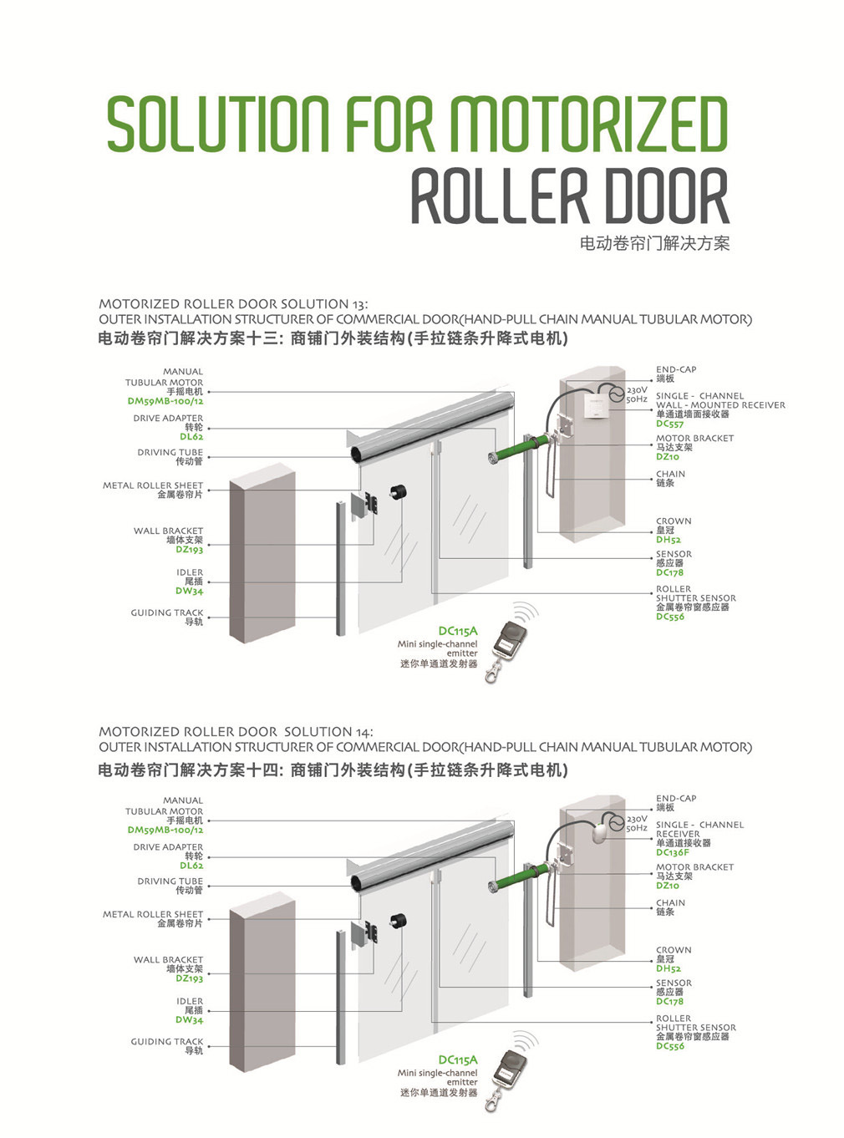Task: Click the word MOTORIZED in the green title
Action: coord(589,124)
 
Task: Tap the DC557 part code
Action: coord(669,424)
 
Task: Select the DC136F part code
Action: coord(673,853)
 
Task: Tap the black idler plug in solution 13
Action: coord(398,493)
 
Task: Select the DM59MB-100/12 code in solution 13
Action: coord(165,401)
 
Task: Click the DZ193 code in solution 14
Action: coord(190,978)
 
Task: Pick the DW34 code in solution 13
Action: coord(190,591)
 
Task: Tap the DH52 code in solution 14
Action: coord(669,968)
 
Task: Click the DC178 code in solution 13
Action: coord(669,572)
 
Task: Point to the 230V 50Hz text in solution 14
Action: coord(637,824)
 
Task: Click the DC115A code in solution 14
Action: coord(458,1059)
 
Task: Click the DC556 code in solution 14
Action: coord(670,1046)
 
